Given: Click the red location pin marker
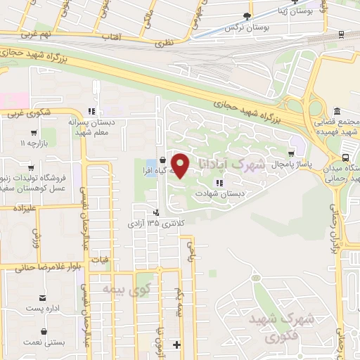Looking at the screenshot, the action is pos(181,166).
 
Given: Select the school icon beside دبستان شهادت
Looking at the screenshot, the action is pos(220,181).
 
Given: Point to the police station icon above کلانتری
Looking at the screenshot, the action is pos(155,212).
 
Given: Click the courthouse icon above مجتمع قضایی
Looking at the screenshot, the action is pos(337,112).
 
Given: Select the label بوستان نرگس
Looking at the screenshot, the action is pos(239,27).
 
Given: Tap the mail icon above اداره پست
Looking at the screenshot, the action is pos(44,298).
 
